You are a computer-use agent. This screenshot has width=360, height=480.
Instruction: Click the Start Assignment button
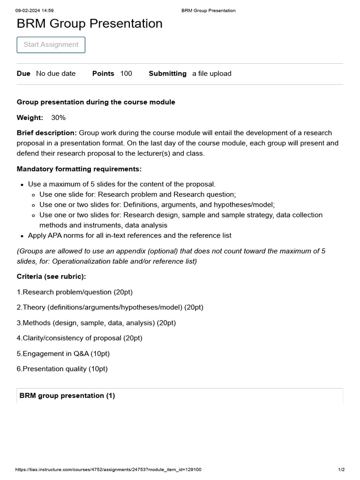click(51, 45)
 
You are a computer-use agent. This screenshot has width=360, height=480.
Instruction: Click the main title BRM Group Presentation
click(90, 23)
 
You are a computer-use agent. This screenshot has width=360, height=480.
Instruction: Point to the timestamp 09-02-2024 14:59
click(34, 10)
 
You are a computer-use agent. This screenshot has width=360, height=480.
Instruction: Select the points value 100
click(126, 74)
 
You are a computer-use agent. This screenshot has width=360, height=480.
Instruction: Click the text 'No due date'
click(56, 74)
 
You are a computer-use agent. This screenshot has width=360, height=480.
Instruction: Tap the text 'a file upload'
click(211, 74)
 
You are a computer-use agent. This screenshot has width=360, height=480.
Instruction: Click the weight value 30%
click(58, 117)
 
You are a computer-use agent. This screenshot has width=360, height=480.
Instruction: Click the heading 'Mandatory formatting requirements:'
click(79, 169)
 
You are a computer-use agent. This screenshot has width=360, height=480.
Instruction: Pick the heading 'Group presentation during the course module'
click(96, 102)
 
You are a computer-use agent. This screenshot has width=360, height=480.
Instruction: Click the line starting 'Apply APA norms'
click(129, 235)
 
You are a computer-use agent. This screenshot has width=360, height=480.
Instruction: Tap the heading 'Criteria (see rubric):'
click(52, 277)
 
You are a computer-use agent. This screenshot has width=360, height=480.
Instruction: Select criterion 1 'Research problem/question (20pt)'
click(75, 292)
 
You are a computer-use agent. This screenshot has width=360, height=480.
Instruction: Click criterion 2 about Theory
click(110, 307)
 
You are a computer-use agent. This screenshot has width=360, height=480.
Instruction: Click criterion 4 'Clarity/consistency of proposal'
click(80, 338)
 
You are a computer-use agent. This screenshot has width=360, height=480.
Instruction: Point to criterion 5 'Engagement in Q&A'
click(63, 353)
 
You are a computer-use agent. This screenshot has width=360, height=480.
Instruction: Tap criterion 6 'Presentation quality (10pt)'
click(62, 369)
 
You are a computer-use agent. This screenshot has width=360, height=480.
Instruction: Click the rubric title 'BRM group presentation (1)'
click(67, 396)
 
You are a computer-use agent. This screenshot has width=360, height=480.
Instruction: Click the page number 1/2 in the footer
click(341, 469)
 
